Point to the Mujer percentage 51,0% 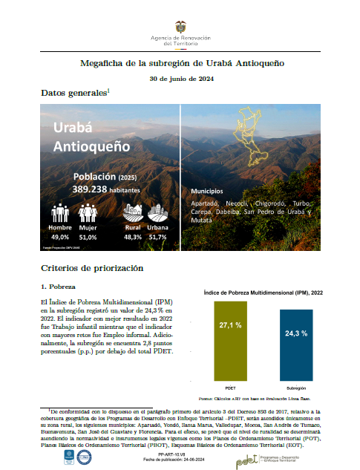(x=88, y=238)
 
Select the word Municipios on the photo (x=209, y=191)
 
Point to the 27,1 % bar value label (x=225, y=324)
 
